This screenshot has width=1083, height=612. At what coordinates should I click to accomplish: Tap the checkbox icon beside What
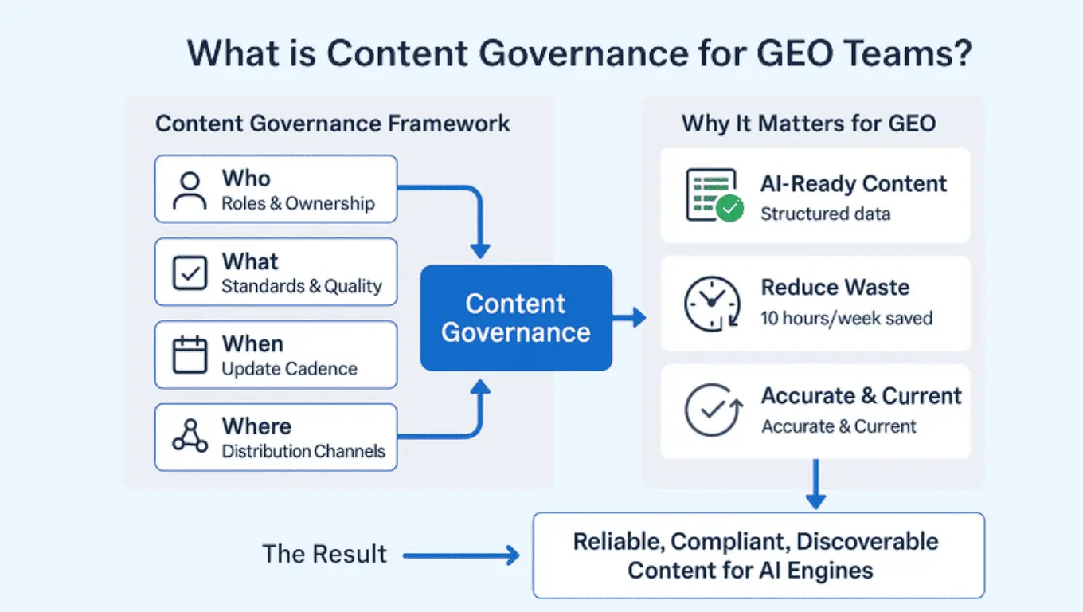[190, 273]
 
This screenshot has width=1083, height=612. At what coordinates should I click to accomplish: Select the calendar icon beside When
[190, 355]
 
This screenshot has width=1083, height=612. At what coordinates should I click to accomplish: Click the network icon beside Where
[190, 437]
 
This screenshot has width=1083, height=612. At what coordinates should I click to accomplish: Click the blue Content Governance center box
[516, 318]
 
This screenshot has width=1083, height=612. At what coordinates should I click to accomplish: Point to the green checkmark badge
[729, 209]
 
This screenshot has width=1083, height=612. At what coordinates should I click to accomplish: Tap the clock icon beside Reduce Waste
[706, 303]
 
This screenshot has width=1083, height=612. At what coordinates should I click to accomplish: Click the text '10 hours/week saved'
[846, 318]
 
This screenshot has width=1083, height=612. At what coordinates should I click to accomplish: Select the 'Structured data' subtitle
[825, 214]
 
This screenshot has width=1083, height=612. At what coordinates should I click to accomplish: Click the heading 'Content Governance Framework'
[333, 124]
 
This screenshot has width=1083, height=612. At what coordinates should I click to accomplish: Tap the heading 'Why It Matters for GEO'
[808, 124]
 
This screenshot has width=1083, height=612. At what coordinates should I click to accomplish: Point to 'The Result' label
[325, 554]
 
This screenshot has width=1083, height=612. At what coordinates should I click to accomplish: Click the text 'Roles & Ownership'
[298, 203]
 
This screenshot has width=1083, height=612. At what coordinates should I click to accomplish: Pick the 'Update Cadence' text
[289, 369]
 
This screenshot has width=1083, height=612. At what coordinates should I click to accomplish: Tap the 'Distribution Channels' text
[303, 451]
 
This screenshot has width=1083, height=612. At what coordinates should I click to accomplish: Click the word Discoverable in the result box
[867, 542]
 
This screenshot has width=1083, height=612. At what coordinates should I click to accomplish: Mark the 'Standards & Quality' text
[302, 286]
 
